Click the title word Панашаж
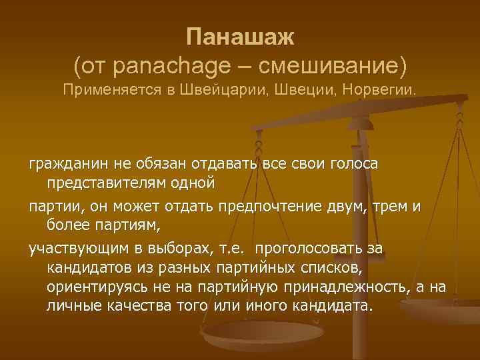coord(239,37)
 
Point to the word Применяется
coord(109,90)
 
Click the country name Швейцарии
coord(223,90)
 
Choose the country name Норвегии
coord(379,90)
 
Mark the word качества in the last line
coord(134,306)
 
